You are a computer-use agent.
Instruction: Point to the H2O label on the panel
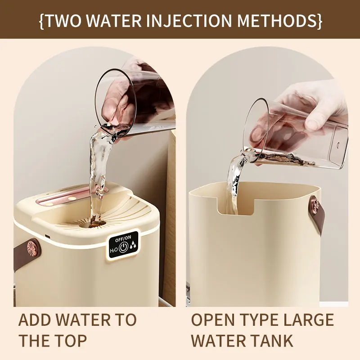click(113, 249)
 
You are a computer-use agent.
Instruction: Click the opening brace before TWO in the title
click(41, 21)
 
